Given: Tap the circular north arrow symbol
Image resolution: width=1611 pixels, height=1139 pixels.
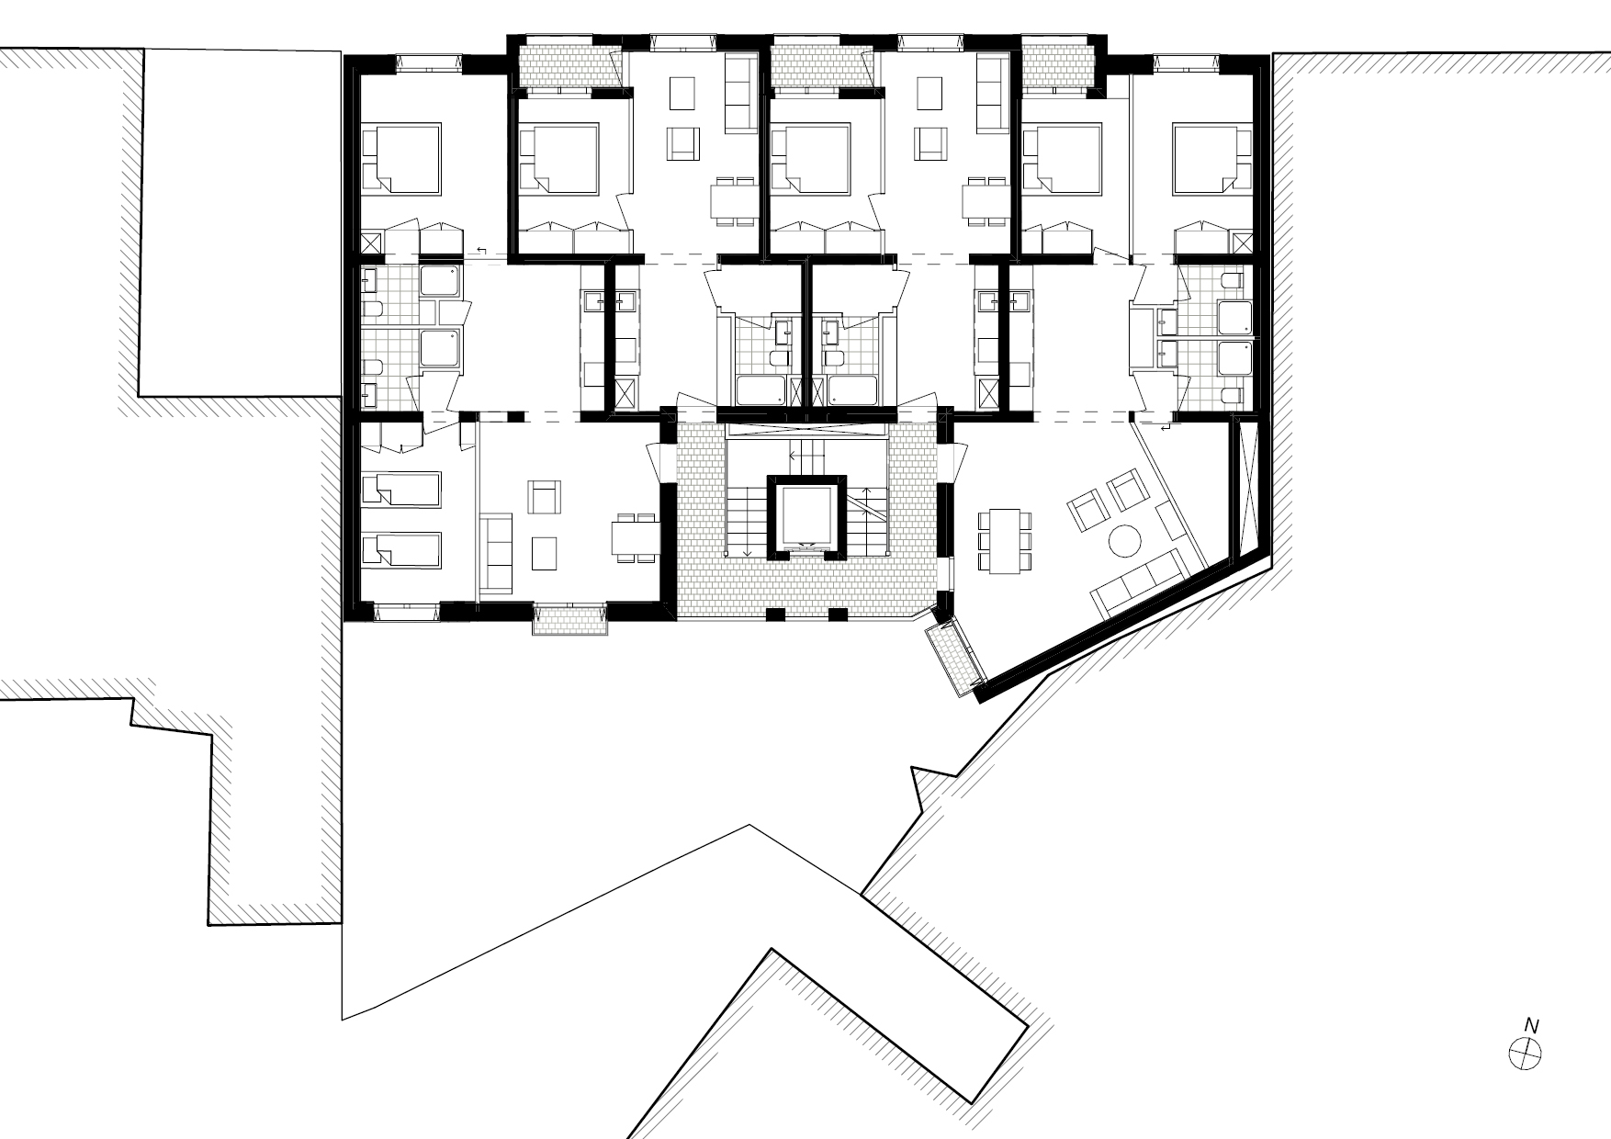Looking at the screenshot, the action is coord(1526,1052).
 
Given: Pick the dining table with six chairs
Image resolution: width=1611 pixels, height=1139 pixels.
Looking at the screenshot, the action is coord(1004,540).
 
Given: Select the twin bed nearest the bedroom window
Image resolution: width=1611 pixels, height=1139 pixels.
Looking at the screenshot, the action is coord(401,550).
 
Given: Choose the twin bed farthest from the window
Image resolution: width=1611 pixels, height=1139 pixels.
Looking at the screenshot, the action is coord(401,489).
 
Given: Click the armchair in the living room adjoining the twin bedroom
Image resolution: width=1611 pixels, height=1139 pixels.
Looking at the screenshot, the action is coord(546,497).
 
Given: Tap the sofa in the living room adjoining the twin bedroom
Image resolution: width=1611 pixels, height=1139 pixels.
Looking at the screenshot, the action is coord(497,552).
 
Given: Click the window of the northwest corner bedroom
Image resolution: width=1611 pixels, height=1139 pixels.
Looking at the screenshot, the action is coord(429,62).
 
